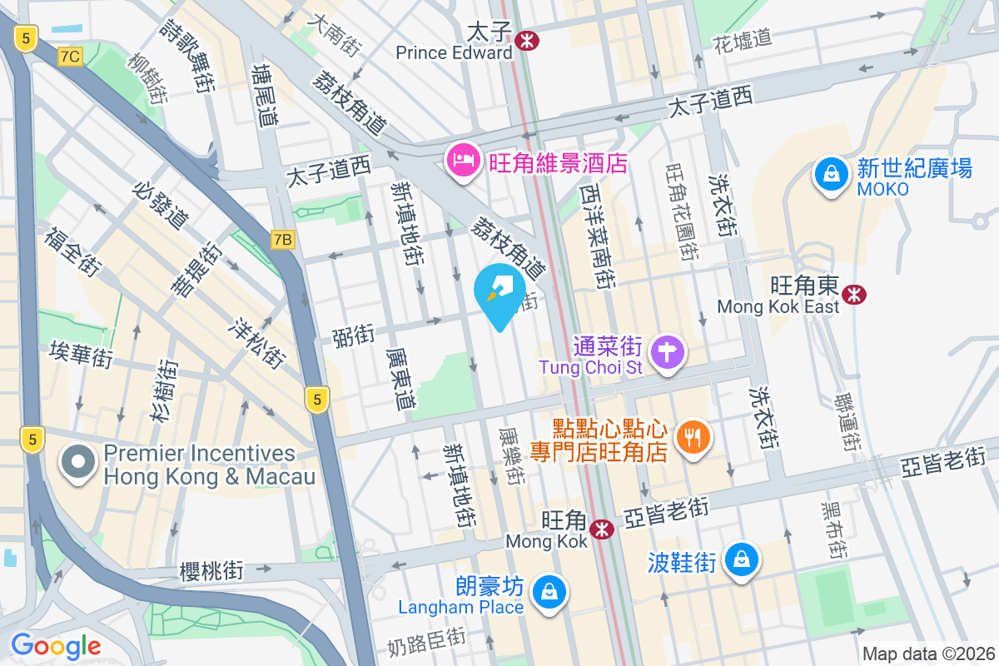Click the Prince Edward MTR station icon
coord(526,39)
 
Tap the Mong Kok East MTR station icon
coord(853,294)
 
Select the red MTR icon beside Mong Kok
coord(602,529)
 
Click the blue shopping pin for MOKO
coord(831,176)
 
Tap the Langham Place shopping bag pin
coord(549,594)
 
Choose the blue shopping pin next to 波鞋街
coord(740,559)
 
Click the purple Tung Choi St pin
coord(667,351)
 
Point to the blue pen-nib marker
coord(499,293)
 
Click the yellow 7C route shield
coord(71,56)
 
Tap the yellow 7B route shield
coord(283,240)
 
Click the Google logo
coord(56,645)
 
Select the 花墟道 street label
coord(743,39)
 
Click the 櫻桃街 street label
coord(211,570)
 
